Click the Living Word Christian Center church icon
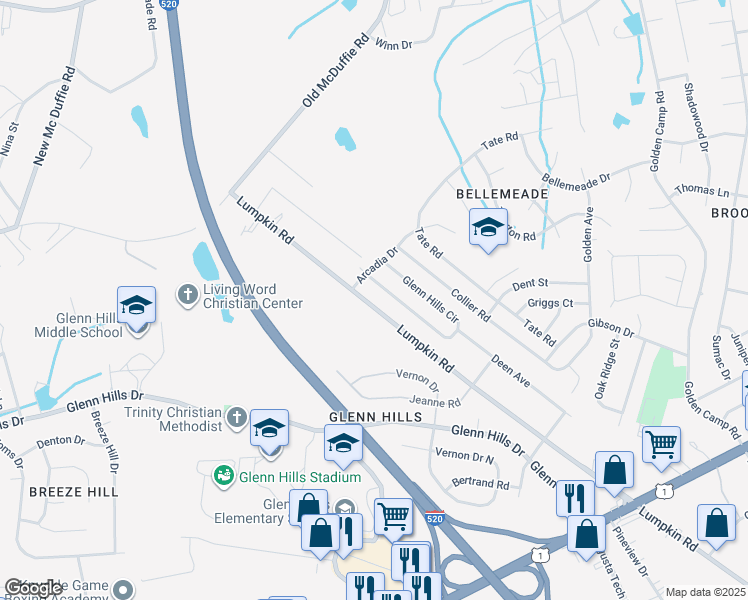click(187, 295)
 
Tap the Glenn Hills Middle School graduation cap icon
click(137, 306)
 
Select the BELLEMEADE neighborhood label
click(487, 192)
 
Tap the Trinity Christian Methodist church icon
click(236, 415)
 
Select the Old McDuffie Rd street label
click(336, 73)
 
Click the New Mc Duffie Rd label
click(54, 115)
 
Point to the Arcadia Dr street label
click(379, 264)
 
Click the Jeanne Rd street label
click(434, 402)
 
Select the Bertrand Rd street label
click(481, 484)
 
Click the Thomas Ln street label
click(702, 189)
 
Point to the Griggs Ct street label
click(551, 303)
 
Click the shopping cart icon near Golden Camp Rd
click(661, 444)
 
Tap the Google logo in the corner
click(34, 588)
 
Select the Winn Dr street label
click(392, 43)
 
